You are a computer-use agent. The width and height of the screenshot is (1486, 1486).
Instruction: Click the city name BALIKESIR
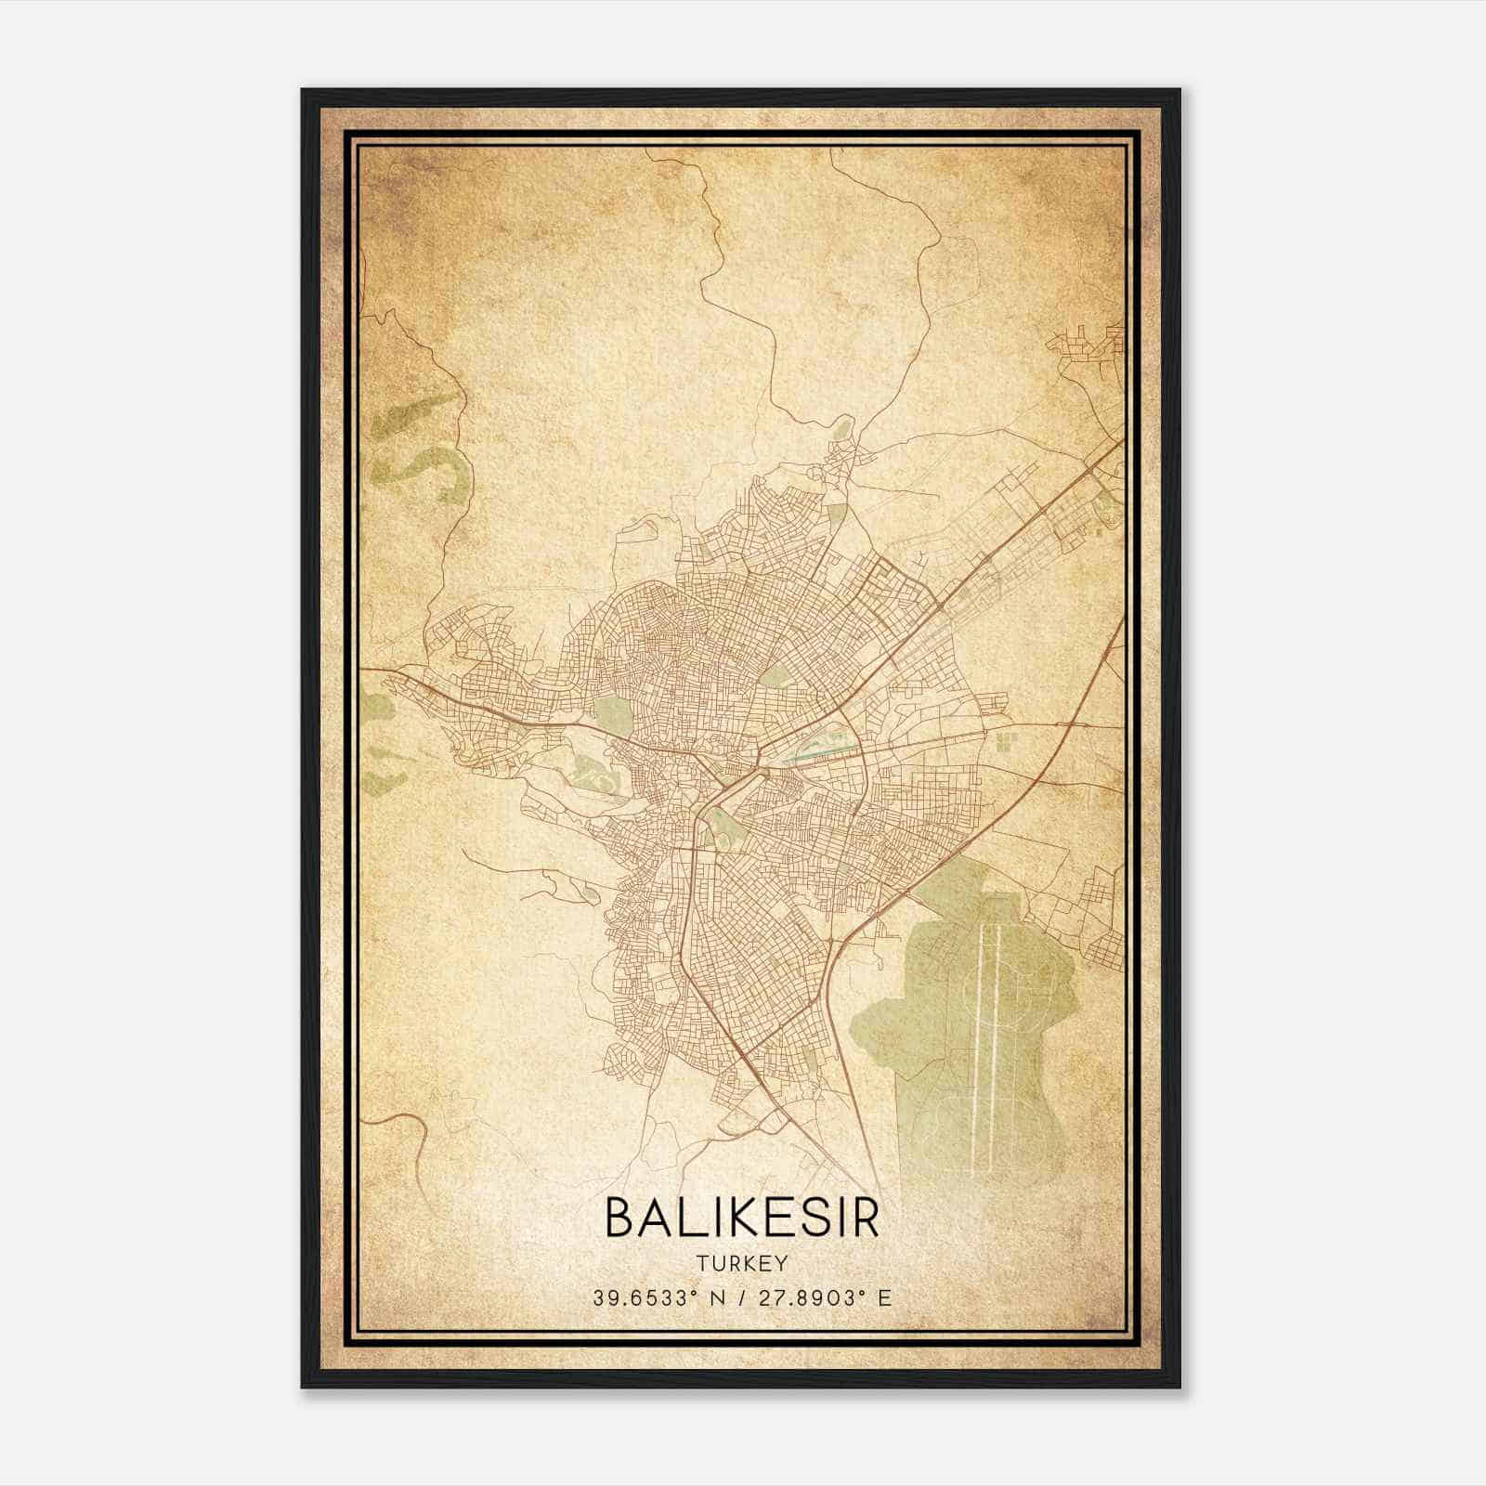click(742, 1219)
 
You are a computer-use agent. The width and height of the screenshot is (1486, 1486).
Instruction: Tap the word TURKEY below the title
click(742, 1263)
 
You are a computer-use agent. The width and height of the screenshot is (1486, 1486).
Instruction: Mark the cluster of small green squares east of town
click(1006, 741)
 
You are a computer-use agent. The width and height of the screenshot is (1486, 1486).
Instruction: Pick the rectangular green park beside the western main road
click(613, 713)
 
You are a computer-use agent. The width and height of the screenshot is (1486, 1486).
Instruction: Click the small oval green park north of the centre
click(774, 675)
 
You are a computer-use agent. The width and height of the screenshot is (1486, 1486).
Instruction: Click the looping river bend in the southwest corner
click(409, 1128)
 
